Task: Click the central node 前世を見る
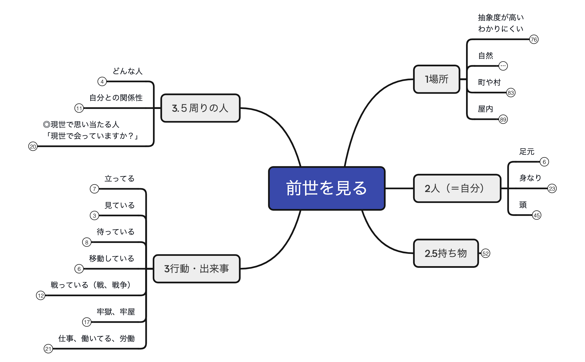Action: click(x=326, y=188)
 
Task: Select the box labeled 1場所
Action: click(x=437, y=79)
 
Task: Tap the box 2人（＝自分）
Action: click(x=457, y=188)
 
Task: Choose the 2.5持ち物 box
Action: click(x=446, y=253)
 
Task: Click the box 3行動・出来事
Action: click(x=196, y=269)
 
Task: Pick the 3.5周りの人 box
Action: click(x=200, y=108)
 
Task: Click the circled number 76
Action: click(x=534, y=40)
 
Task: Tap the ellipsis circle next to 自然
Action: click(x=503, y=66)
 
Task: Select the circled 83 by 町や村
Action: click(x=511, y=93)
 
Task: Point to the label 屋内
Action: click(x=486, y=109)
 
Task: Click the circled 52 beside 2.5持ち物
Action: click(x=486, y=253)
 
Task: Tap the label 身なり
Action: click(x=530, y=178)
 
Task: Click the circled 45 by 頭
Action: click(x=537, y=215)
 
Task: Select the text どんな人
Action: click(x=128, y=71)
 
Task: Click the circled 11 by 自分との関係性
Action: click(x=79, y=108)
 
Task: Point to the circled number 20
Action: click(x=33, y=146)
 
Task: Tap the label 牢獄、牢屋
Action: click(x=116, y=312)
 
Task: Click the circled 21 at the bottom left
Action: click(x=48, y=349)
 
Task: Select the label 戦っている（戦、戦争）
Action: click(x=91, y=285)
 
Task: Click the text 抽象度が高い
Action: click(x=501, y=18)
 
